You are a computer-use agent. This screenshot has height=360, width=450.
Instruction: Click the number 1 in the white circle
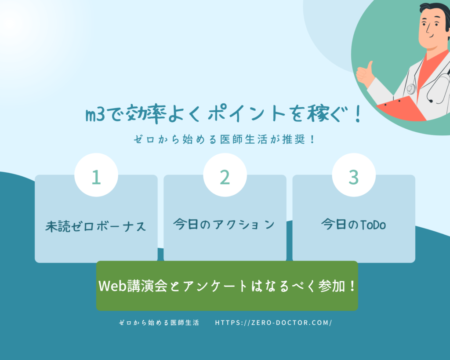click(96, 177)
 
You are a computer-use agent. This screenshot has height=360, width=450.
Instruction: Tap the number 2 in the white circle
click(225, 177)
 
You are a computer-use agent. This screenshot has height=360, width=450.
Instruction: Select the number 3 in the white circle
click(354, 177)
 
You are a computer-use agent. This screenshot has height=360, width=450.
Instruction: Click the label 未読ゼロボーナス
click(96, 226)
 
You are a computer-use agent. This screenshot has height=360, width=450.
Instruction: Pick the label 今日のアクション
click(224, 225)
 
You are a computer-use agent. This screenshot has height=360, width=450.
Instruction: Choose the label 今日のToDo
click(353, 225)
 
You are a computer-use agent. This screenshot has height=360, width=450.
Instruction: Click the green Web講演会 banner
click(227, 286)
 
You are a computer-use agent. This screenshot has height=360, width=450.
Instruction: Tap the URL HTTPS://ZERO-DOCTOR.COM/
click(273, 323)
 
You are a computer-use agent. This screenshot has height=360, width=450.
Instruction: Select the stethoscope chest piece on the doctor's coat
click(411, 89)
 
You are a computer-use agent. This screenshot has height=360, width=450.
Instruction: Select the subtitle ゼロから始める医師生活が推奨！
click(225, 140)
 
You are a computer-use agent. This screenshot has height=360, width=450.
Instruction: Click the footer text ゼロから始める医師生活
click(159, 323)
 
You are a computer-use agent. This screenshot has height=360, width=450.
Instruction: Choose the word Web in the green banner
click(112, 286)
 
